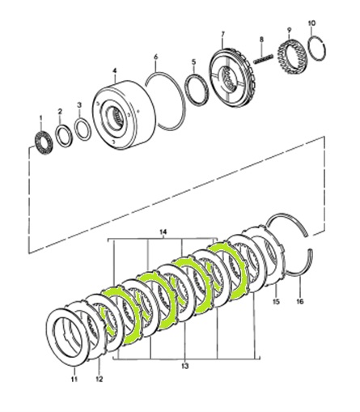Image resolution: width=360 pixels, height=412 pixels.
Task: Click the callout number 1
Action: pos(41,118)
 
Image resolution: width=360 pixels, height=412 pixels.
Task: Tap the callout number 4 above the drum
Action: pos(115,70)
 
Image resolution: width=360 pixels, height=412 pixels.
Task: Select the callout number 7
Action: pos(222,34)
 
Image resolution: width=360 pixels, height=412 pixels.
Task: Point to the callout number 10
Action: pos(311,23)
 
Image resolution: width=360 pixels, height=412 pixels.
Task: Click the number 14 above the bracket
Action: pos(163,231)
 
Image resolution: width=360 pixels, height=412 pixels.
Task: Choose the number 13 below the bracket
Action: pos(185,366)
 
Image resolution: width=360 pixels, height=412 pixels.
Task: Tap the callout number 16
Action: pos(300,301)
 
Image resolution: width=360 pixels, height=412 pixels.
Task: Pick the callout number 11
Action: pos(74,379)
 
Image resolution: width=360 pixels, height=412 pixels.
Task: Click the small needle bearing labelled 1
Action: pos(44,142)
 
